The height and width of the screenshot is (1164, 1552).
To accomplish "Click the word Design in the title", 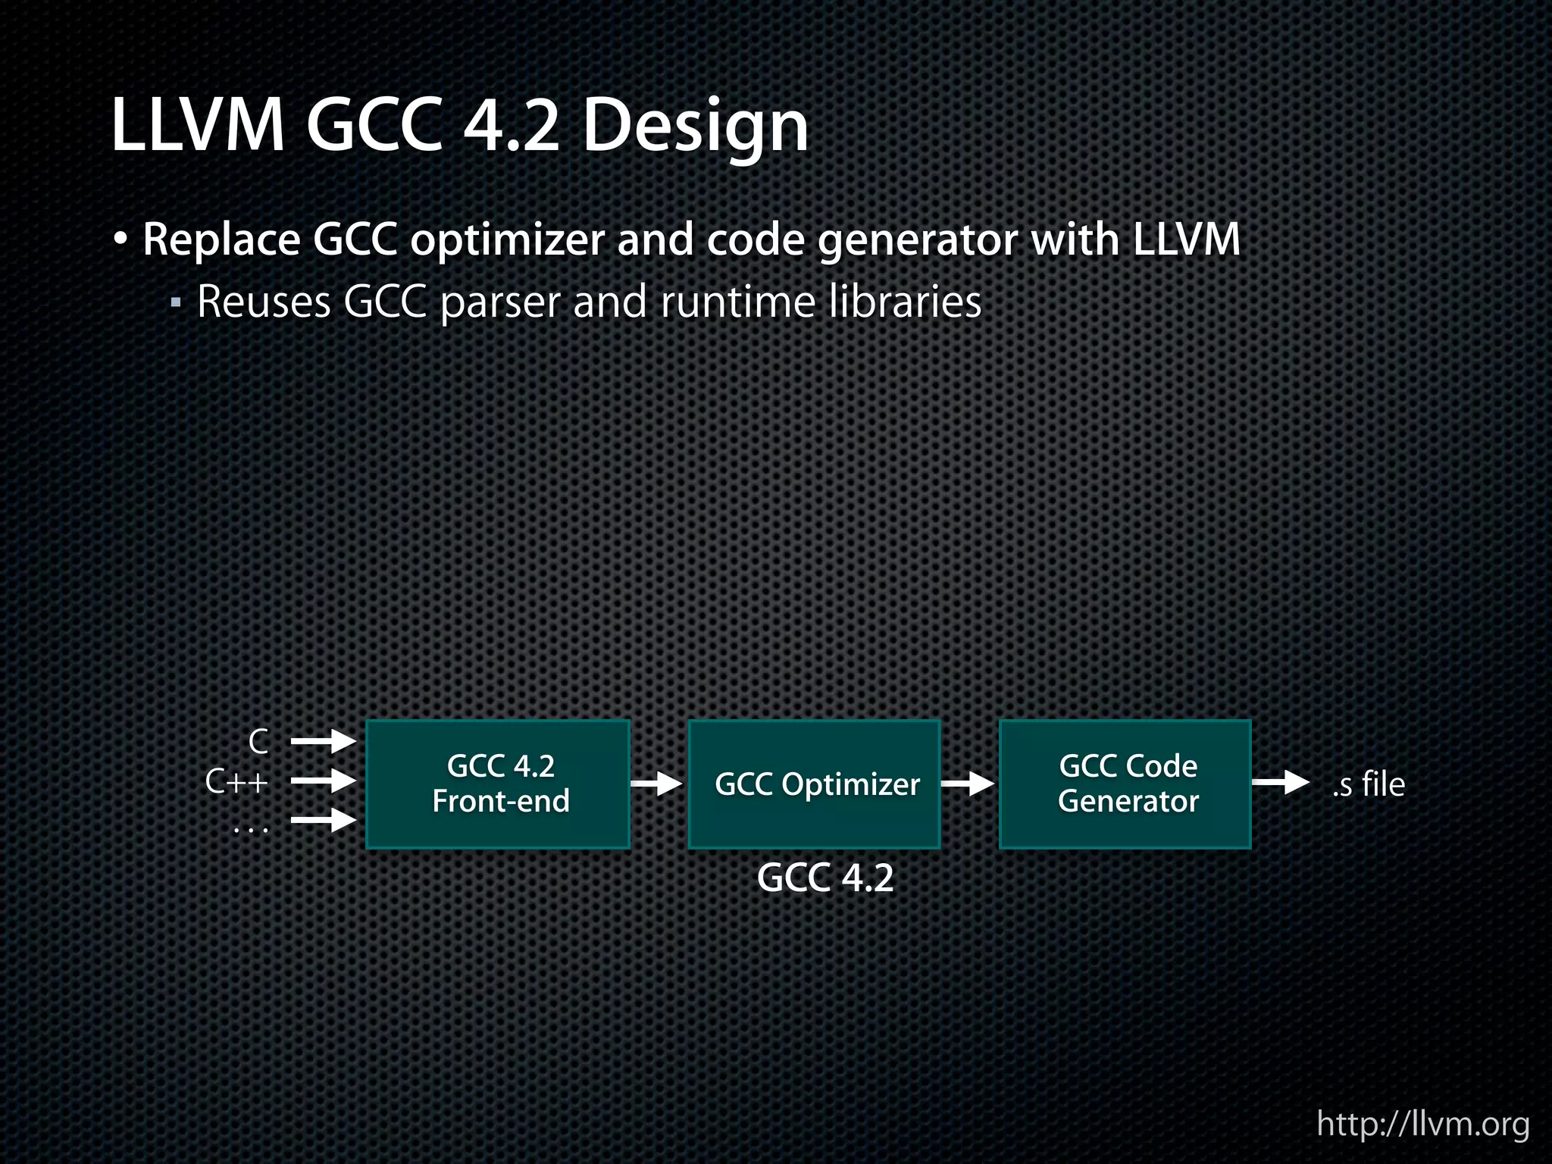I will click(694, 126).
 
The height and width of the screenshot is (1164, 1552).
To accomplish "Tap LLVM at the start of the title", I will click(198, 126).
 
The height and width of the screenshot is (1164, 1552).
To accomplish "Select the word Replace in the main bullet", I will click(221, 240).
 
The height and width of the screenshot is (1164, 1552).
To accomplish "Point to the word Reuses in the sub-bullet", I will click(264, 302).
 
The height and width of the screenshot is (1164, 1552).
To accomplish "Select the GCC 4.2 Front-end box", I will click(498, 784).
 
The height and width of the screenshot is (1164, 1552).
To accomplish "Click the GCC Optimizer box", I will click(814, 784).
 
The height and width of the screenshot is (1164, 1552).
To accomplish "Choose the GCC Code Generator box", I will click(1125, 784).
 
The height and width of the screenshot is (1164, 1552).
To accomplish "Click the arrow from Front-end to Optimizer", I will click(657, 784).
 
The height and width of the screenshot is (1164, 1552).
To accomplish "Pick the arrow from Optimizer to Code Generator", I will click(968, 784).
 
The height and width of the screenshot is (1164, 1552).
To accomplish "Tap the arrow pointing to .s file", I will click(1281, 782).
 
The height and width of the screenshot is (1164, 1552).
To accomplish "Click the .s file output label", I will click(1368, 784).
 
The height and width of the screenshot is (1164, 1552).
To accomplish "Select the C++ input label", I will click(236, 781).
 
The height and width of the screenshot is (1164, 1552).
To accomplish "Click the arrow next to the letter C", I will click(324, 741).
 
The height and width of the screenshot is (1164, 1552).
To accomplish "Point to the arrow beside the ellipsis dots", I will click(324, 820).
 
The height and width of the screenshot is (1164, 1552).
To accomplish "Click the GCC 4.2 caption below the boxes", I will click(825, 878).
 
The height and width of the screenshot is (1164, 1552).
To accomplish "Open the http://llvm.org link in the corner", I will click(1422, 1124).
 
